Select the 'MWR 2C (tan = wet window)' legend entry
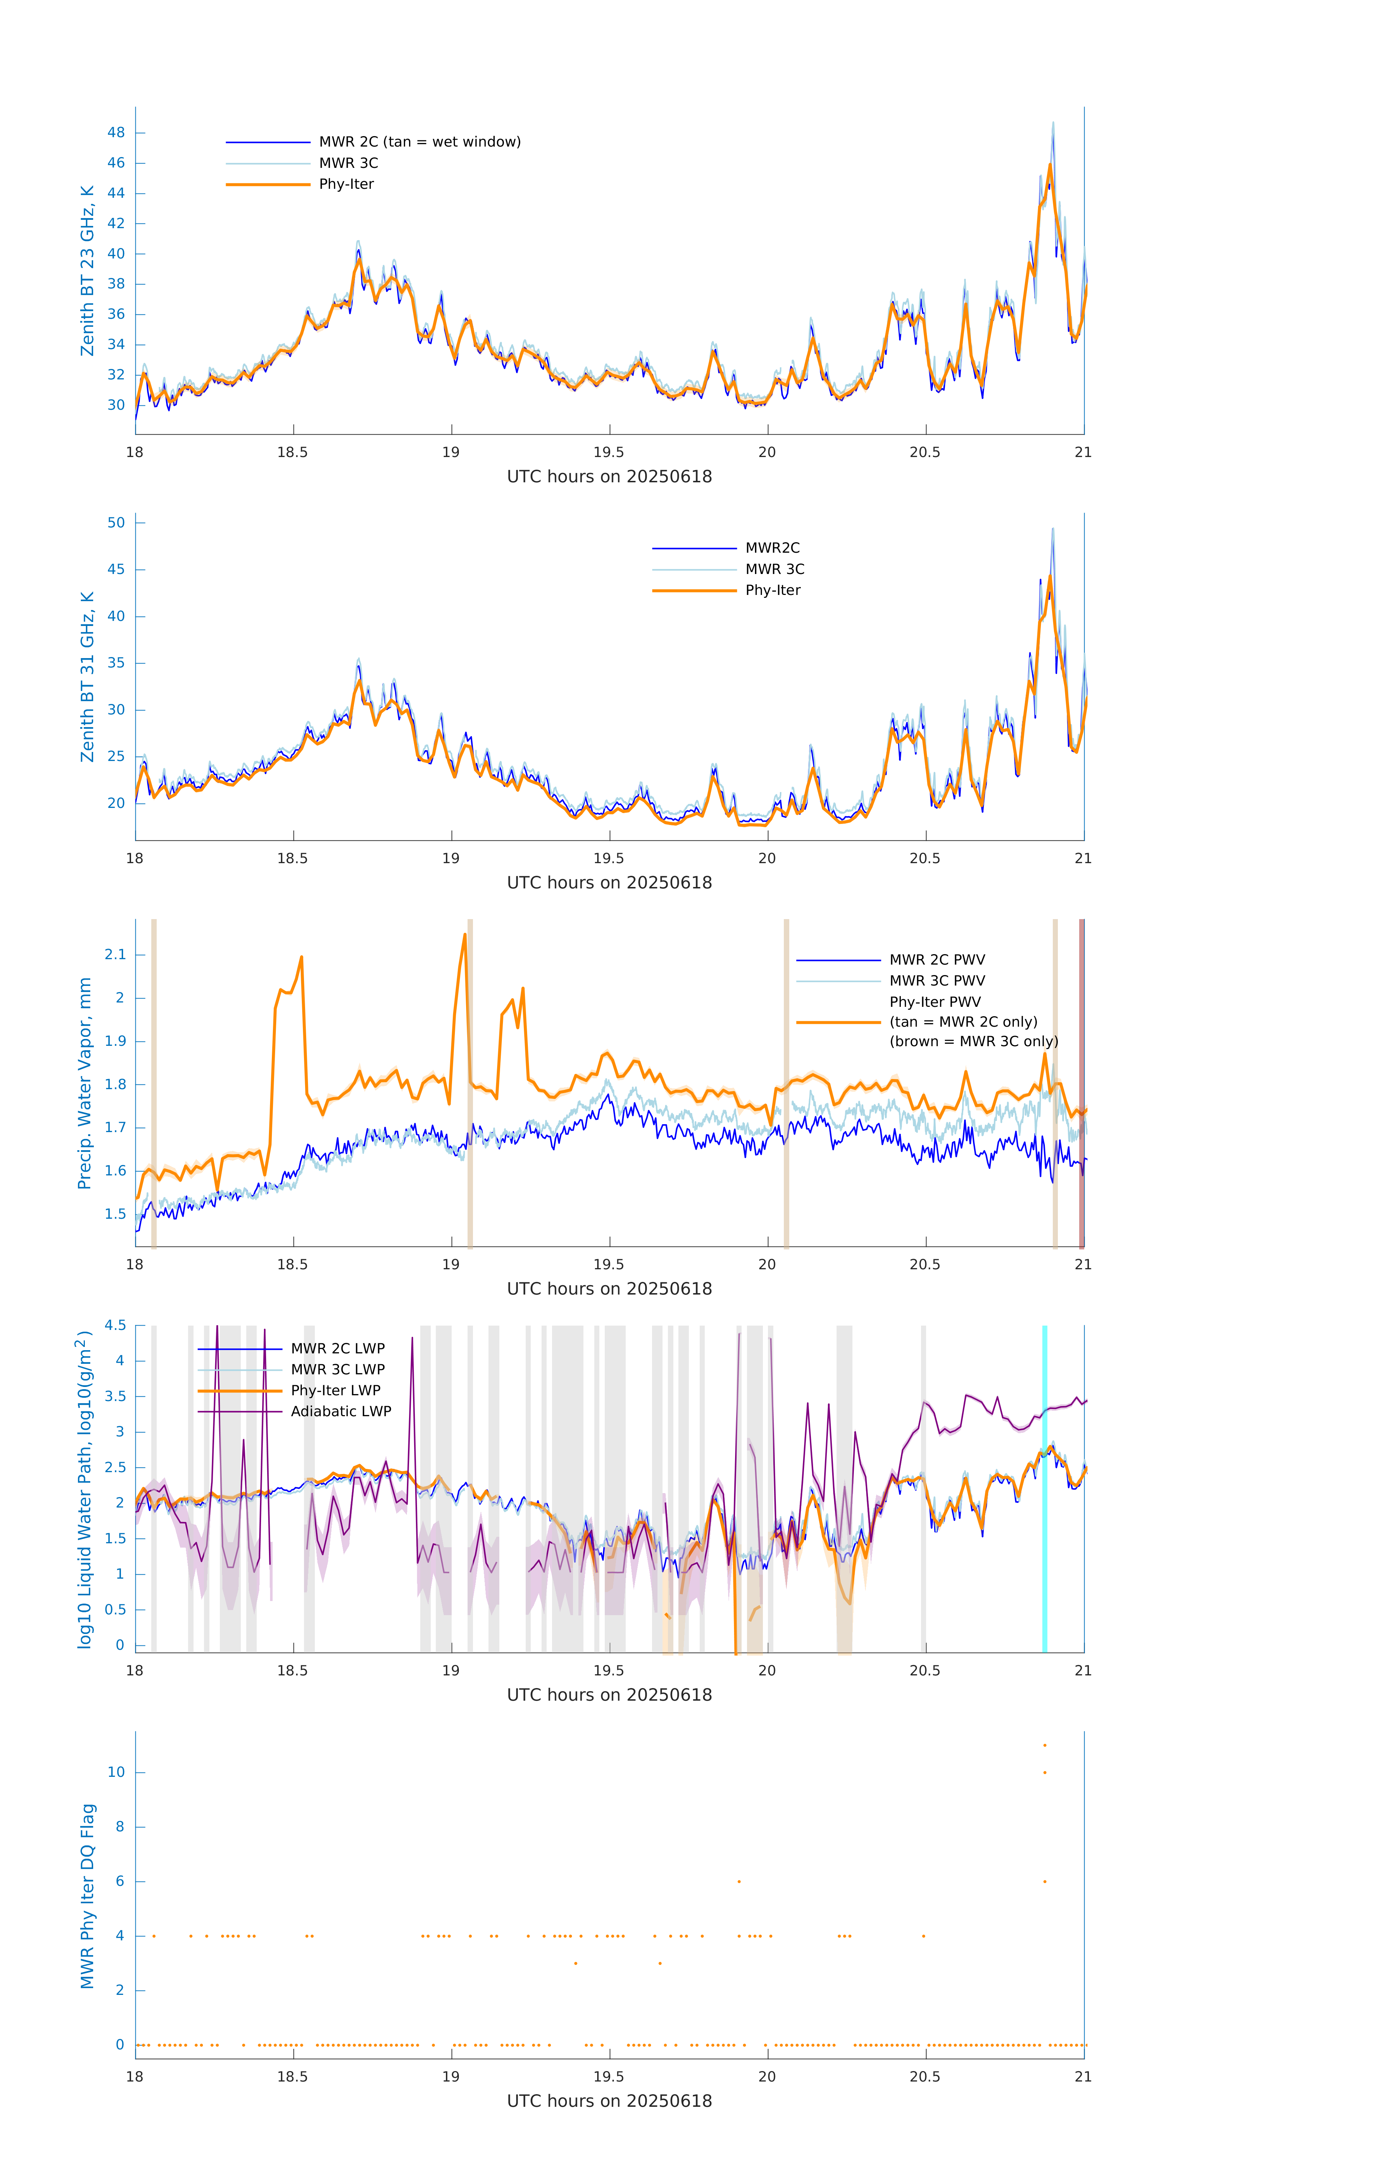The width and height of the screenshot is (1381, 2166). [419, 142]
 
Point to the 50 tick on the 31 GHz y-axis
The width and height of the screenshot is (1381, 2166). [116, 523]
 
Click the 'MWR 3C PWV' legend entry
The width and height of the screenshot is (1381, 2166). [937, 980]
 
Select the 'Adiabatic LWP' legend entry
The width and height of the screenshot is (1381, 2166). [341, 1411]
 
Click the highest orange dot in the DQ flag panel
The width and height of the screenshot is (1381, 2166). [1045, 1745]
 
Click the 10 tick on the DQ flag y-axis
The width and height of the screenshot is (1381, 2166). [116, 1772]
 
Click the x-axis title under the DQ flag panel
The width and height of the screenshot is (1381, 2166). [609, 2101]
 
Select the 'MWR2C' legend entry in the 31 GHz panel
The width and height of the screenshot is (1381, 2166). [772, 548]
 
